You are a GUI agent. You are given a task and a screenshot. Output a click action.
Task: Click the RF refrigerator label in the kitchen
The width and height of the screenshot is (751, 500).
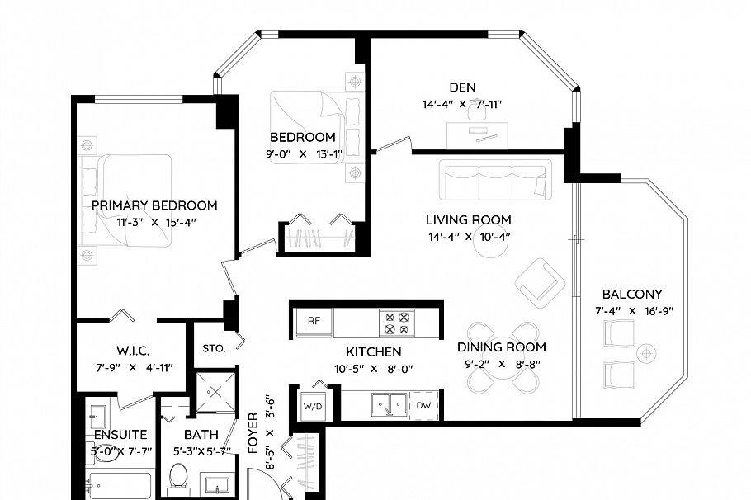[x=314, y=321]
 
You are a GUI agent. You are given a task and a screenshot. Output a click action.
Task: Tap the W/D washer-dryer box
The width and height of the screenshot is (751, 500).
[x=312, y=406]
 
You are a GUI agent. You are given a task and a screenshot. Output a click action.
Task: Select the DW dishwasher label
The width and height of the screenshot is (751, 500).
[x=423, y=405]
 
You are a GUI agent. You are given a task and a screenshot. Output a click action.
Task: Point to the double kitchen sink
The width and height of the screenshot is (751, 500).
[x=387, y=404]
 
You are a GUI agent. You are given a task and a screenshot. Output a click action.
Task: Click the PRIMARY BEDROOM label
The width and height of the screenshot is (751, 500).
[x=154, y=205]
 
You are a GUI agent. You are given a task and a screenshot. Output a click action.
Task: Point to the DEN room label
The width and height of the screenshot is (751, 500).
[x=462, y=87]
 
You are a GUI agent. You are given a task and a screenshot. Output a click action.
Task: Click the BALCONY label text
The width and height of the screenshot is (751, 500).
[x=632, y=294]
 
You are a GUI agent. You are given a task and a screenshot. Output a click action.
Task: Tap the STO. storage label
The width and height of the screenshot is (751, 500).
[x=214, y=348]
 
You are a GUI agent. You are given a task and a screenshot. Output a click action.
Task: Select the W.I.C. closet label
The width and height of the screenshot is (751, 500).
[x=132, y=351]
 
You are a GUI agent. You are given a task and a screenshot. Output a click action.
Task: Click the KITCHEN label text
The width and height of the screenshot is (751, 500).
[x=374, y=352]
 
